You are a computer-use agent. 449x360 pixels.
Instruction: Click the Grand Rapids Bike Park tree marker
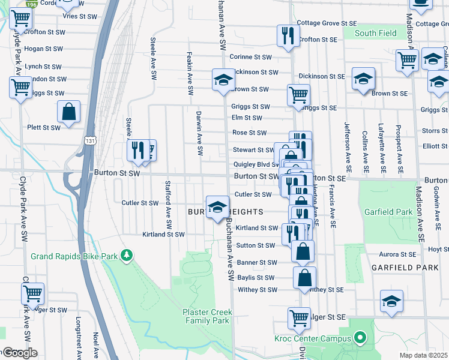pyautogui.click(x=126, y=256)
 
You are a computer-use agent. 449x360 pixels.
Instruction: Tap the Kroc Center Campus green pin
pyautogui.click(x=360, y=338)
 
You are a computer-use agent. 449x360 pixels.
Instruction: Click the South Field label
pyautogui.click(x=375, y=33)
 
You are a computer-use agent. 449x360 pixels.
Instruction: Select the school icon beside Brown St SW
pyautogui.click(x=223, y=80)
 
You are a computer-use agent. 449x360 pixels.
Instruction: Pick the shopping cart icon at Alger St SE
pyautogui.click(x=299, y=318)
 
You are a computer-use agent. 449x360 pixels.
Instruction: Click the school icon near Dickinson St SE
pyautogui.click(x=363, y=80)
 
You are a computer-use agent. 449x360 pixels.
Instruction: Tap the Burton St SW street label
pyautogui.click(x=117, y=173)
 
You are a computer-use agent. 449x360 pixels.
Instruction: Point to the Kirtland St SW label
pyautogui.click(x=163, y=235)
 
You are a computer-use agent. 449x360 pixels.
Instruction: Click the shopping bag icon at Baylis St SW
pyautogui.click(x=305, y=277)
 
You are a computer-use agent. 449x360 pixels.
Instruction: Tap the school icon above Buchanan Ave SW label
pyautogui.click(x=217, y=207)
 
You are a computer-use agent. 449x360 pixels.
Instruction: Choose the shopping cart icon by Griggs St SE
pyautogui.click(x=298, y=95)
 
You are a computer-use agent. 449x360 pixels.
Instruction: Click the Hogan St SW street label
pyautogui.click(x=44, y=49)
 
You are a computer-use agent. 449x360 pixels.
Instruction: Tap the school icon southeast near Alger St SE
pyautogui.click(x=391, y=301)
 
